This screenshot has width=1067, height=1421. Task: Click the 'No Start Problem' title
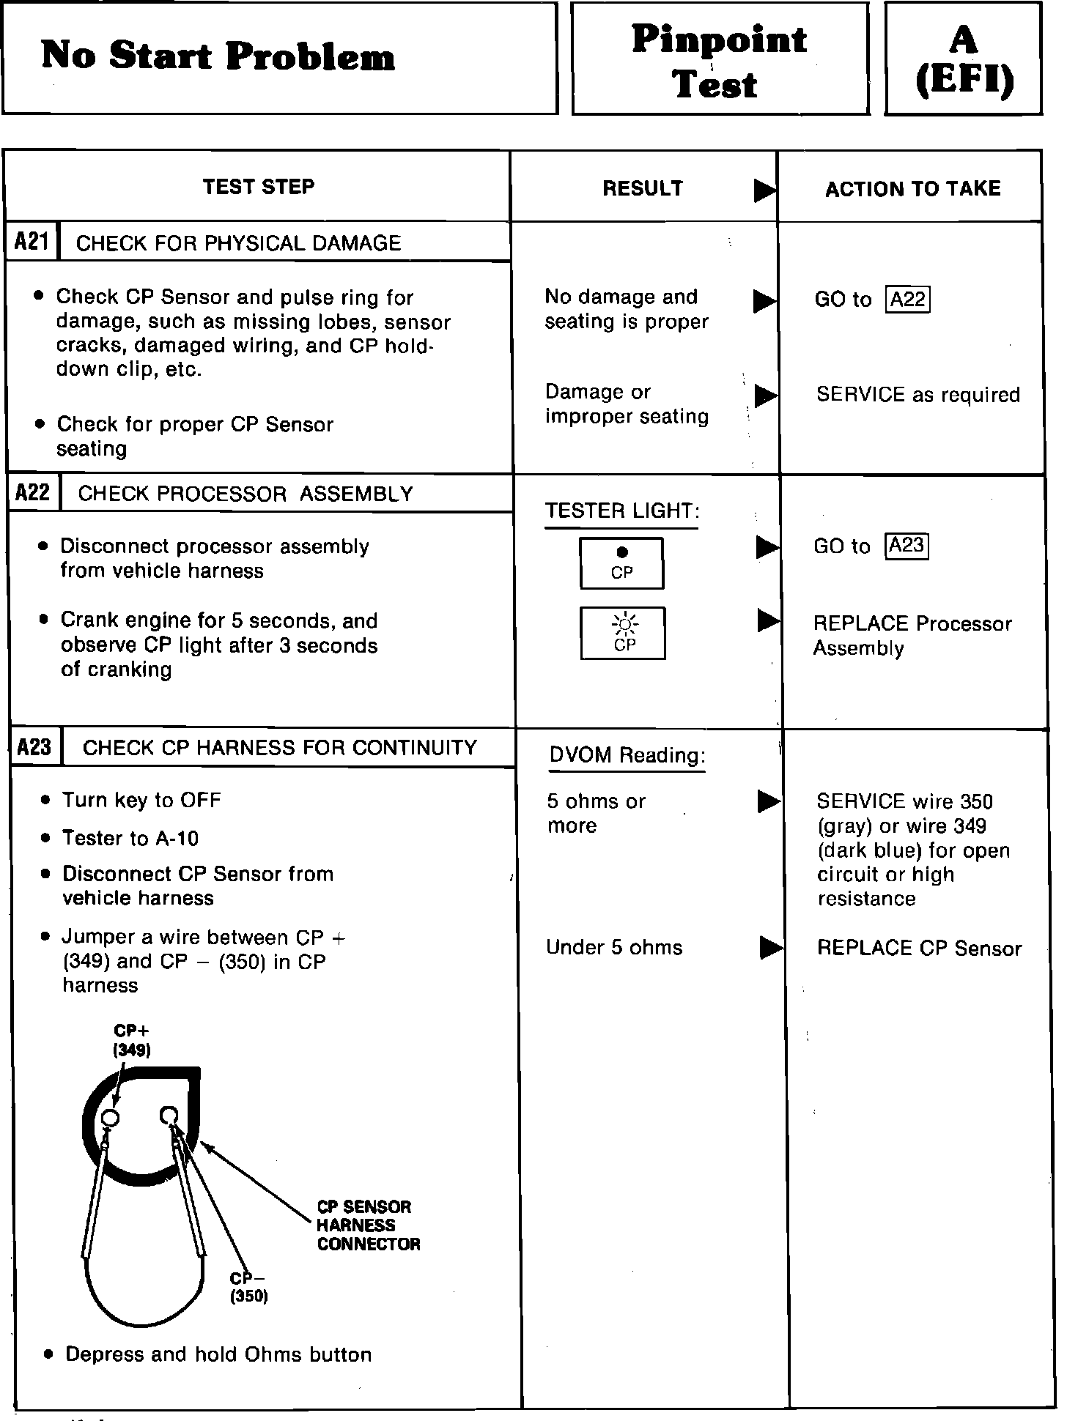click(x=218, y=56)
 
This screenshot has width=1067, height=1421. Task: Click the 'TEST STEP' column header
click(x=258, y=187)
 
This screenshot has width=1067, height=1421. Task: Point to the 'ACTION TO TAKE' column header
click(x=912, y=189)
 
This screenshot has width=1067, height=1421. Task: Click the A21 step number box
click(x=32, y=241)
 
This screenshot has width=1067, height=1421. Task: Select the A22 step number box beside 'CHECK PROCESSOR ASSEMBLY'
click(x=33, y=492)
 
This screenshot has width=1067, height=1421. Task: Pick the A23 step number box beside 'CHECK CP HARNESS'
click(x=34, y=746)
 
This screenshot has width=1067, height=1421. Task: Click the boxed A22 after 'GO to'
click(x=908, y=300)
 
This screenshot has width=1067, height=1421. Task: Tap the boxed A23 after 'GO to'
click(x=907, y=546)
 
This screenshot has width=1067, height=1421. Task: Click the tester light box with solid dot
click(x=621, y=563)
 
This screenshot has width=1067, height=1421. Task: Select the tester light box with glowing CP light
click(x=623, y=633)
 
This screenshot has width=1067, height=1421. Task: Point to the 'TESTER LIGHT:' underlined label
click(x=621, y=511)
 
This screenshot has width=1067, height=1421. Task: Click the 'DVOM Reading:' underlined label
click(x=627, y=755)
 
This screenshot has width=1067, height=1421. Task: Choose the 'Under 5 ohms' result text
click(x=613, y=947)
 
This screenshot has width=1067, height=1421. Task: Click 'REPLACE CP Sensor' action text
click(x=919, y=948)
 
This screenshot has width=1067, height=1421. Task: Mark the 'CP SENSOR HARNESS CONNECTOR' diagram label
click(x=368, y=1225)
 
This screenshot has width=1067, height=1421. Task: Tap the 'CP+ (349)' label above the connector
click(x=132, y=1040)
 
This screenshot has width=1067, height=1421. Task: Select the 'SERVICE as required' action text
click(x=918, y=395)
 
